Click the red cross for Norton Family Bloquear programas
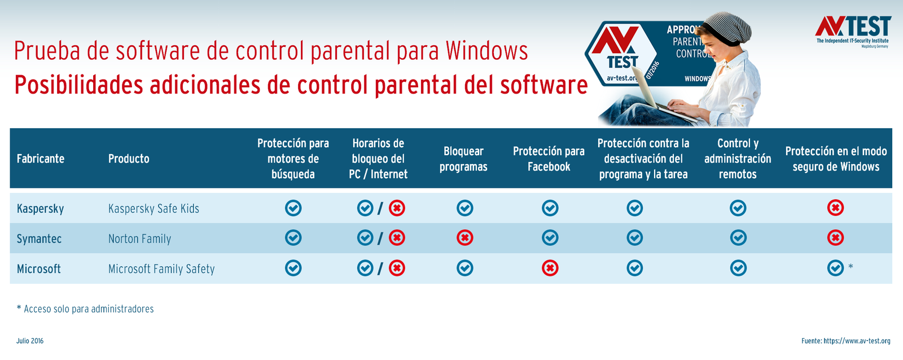[x=464, y=238]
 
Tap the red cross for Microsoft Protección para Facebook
[x=550, y=268]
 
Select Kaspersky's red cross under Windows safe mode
[x=835, y=208]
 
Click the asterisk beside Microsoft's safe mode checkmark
[x=851, y=266]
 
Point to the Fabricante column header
[x=40, y=159]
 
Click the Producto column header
[x=129, y=159]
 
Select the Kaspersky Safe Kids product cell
[x=154, y=209]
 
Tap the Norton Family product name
[x=139, y=239]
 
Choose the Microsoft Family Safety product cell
[x=161, y=269]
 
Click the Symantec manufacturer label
[x=39, y=239]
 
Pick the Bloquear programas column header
[x=463, y=159]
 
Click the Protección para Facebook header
[x=549, y=159]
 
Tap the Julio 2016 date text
[x=30, y=341]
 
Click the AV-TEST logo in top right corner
[x=853, y=32]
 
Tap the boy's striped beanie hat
[x=730, y=28]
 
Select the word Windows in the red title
[x=486, y=51]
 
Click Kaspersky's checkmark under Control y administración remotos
[x=738, y=208]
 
